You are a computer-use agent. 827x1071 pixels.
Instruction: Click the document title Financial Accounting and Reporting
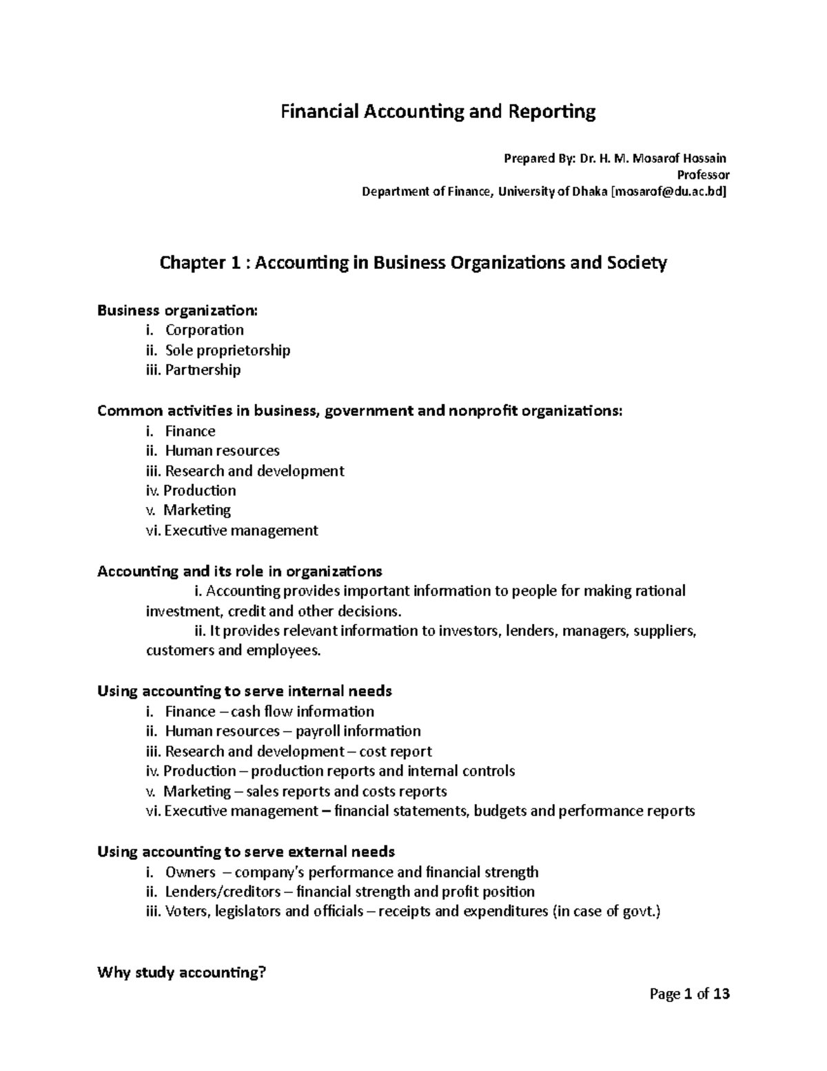437,112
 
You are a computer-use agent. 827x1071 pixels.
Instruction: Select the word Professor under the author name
704,175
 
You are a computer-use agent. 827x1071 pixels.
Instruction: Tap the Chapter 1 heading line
413,263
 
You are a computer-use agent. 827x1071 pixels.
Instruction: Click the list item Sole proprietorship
227,350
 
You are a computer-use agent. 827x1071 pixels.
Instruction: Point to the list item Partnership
203,370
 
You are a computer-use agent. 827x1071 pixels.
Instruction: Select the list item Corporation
204,330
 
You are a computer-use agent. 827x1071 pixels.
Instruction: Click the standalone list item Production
199,490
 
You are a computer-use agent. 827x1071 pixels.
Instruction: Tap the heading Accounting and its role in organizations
239,571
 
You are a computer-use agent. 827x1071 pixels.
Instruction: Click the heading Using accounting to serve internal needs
245,691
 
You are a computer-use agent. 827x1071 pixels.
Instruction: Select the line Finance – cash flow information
269,711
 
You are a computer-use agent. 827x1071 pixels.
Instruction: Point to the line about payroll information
292,731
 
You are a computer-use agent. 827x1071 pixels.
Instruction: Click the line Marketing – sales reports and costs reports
305,791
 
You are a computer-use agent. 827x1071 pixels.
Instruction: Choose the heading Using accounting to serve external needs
246,852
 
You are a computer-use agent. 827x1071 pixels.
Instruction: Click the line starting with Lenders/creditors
349,892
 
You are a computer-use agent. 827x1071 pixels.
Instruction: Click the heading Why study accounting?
181,973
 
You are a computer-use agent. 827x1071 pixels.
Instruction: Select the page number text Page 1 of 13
689,994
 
